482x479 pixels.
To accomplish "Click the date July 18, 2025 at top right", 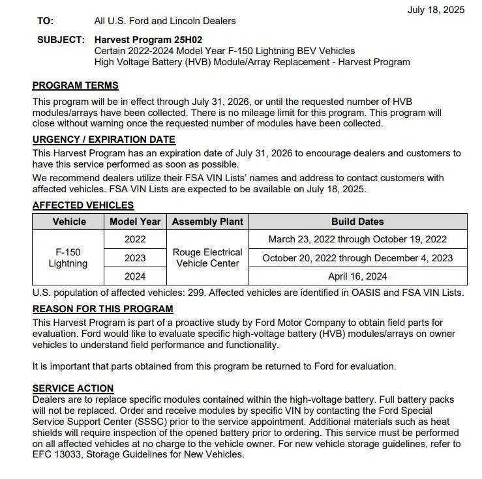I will click(x=436, y=10).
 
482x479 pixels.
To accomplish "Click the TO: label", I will click(x=46, y=21).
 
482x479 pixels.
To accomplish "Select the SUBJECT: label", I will click(x=61, y=40).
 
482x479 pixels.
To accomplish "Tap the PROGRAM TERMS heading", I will click(x=76, y=85).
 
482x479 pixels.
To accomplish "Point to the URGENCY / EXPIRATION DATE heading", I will click(x=104, y=139).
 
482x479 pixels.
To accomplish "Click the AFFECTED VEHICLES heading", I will click(x=83, y=205).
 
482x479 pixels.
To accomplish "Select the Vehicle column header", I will click(x=68, y=222).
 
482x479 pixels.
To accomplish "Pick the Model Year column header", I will click(x=134, y=222).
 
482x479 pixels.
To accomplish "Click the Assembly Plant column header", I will click(x=207, y=222).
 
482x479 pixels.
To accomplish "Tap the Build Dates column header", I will click(x=357, y=222).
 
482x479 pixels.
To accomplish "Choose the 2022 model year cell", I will click(x=134, y=239).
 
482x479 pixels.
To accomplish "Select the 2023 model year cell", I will click(x=134, y=258).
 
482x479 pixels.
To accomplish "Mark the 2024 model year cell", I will click(x=134, y=276).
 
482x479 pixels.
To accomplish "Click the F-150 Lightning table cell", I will click(x=68, y=258).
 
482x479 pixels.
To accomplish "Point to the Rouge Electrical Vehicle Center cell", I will click(x=207, y=258).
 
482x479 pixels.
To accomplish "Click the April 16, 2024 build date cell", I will click(x=357, y=276).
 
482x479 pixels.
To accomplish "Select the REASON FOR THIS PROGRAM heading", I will click(x=103, y=309).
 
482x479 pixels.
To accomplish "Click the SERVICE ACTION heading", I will click(x=73, y=388).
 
